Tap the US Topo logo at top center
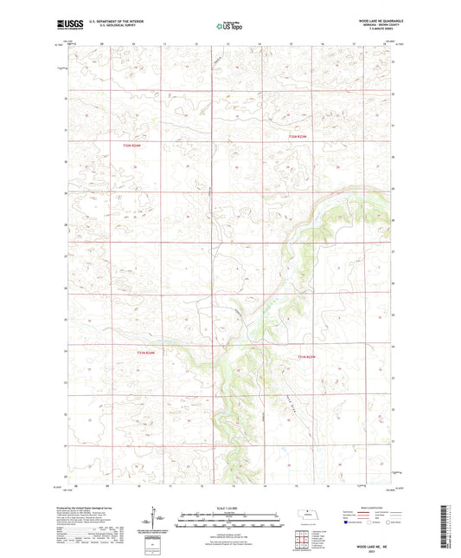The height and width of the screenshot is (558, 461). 227,27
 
